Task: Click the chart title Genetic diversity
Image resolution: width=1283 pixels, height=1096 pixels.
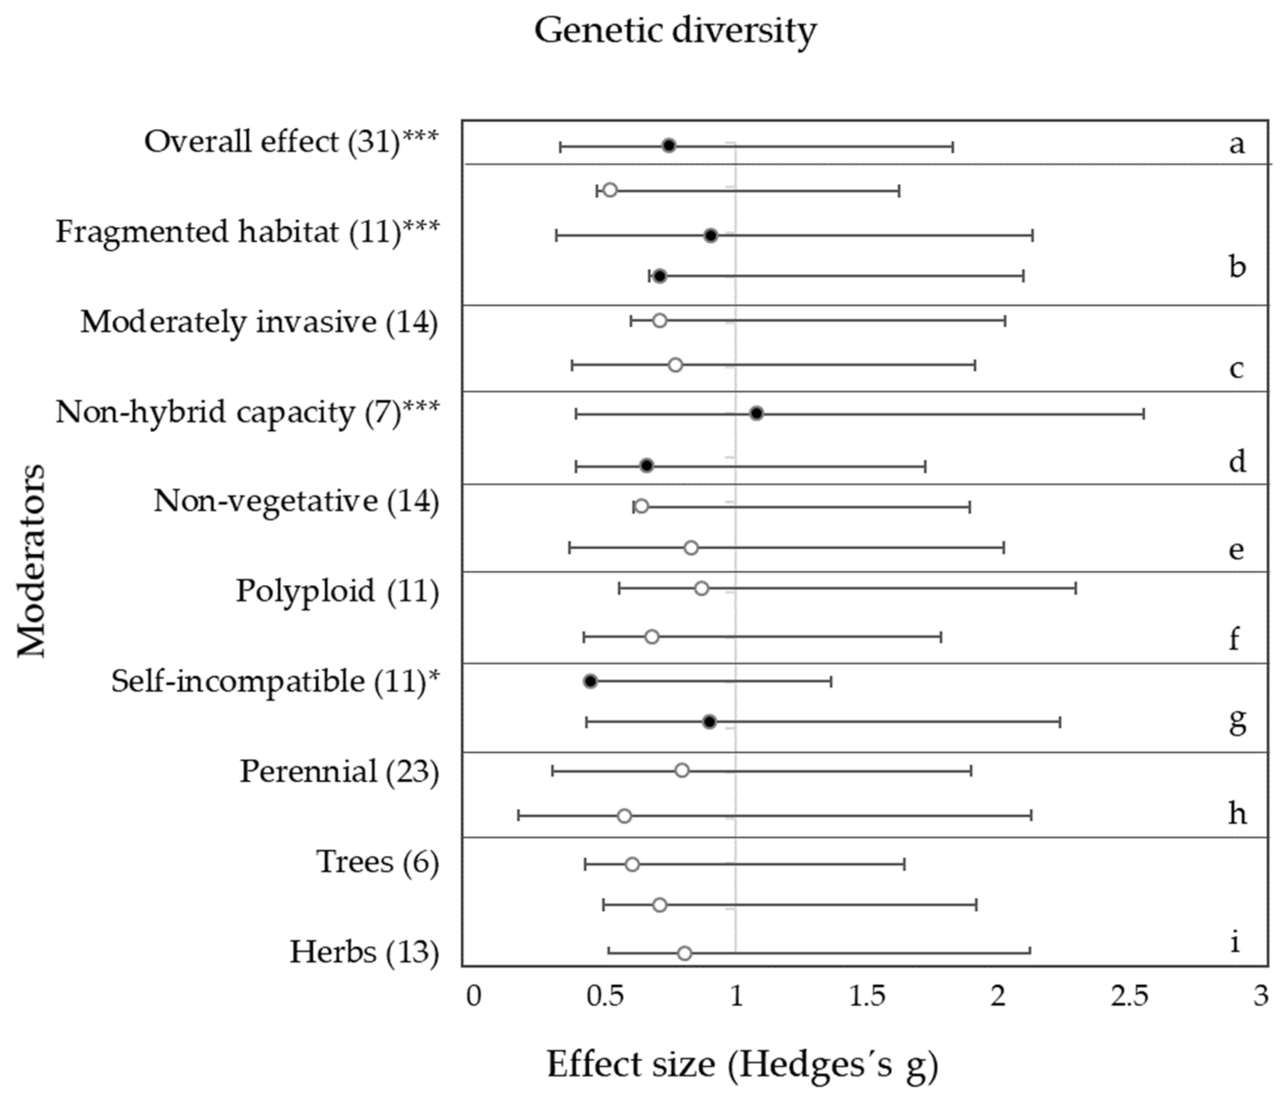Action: tap(675, 31)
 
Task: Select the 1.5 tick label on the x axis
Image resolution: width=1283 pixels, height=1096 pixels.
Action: tap(867, 998)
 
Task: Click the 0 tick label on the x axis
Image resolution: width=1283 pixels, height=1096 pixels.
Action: tap(474, 998)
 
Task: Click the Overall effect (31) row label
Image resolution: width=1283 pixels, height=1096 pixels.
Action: tap(291, 142)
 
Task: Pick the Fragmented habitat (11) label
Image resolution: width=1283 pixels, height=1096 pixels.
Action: tap(248, 232)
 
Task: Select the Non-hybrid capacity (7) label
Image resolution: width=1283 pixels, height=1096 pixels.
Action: tap(248, 412)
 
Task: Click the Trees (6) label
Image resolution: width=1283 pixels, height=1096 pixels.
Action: tap(378, 862)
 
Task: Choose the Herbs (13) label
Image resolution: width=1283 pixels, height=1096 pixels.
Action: tap(365, 952)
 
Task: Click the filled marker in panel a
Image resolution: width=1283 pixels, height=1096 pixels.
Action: tap(669, 146)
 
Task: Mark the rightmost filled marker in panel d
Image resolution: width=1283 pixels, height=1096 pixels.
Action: tap(756, 413)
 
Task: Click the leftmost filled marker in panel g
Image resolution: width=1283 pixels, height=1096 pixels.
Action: tap(590, 681)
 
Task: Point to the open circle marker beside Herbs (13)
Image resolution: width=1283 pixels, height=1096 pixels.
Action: tap(684, 953)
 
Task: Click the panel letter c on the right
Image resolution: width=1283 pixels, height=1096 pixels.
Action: tap(1237, 369)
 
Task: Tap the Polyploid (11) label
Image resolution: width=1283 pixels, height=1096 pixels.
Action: tap(337, 591)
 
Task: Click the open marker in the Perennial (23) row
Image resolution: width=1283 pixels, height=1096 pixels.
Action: tap(682, 770)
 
